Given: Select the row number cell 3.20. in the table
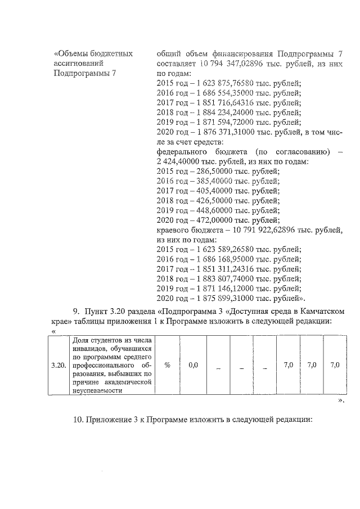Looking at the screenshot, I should pyautogui.click(x=58, y=366).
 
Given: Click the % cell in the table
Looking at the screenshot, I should pyautogui.click(x=168, y=366).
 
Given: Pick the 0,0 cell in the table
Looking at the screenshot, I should pyautogui.click(x=193, y=366).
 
